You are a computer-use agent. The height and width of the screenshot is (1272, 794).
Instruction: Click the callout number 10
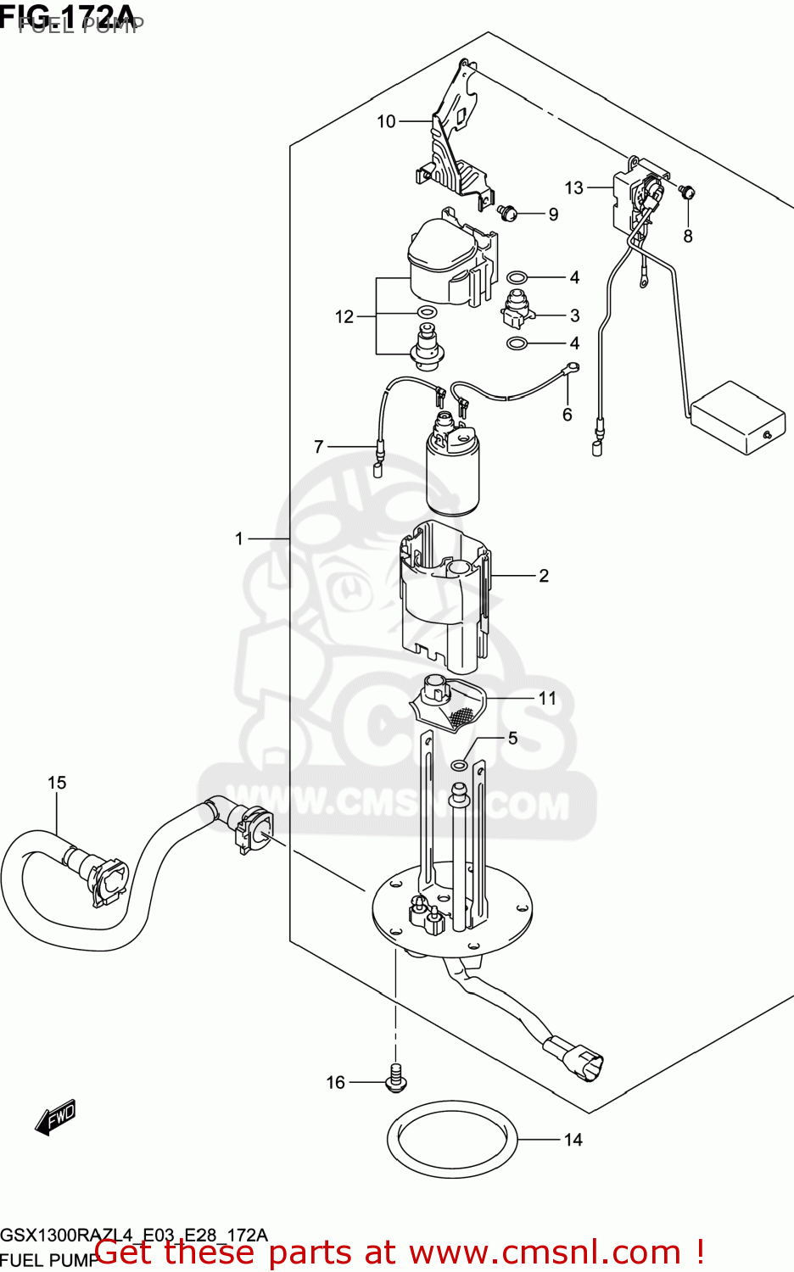386,122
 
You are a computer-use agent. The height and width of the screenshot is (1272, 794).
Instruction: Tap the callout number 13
574,187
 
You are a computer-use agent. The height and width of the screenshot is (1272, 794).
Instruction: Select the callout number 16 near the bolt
336,1082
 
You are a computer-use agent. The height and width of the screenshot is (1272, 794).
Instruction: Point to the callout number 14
573,1140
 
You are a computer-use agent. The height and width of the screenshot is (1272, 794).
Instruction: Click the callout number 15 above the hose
57,783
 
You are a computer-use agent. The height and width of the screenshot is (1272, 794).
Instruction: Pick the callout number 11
547,698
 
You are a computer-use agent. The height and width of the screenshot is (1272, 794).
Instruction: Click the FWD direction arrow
56,1118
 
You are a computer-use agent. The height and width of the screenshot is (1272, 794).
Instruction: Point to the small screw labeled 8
687,192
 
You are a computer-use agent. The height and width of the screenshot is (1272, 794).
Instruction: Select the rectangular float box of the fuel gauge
736,417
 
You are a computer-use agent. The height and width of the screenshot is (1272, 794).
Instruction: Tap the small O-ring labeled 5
458,765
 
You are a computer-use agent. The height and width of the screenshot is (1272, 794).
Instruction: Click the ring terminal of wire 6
573,367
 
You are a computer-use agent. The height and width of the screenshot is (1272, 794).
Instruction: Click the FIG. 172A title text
72,14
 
